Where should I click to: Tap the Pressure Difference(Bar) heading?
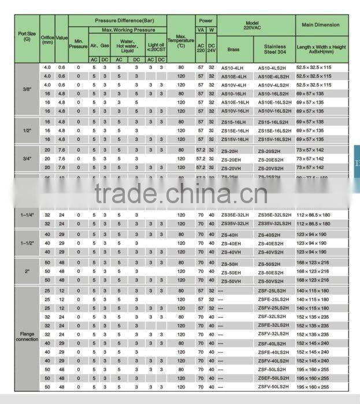click(x=117, y=20)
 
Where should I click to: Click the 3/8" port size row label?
click(x=27, y=89)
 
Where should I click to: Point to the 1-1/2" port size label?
click(x=27, y=243)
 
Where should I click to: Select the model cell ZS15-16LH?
click(x=235, y=122)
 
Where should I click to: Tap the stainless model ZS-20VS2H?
click(x=274, y=167)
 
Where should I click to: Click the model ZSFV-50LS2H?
click(x=273, y=387)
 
